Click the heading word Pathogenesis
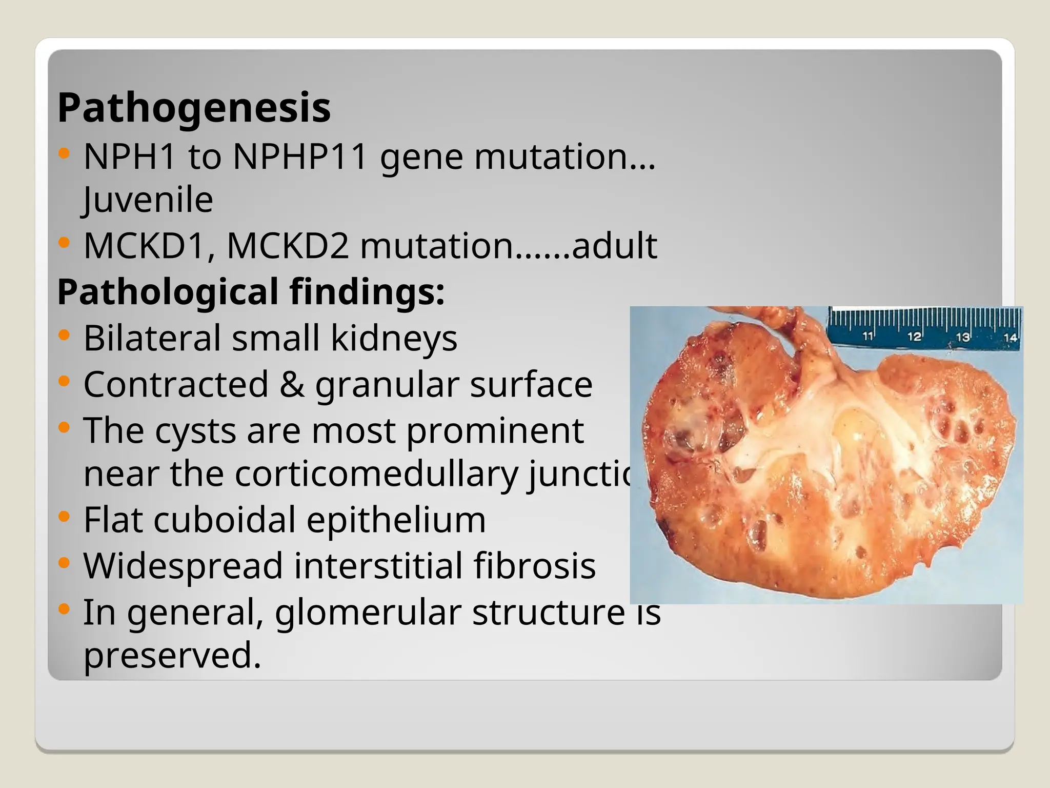194,108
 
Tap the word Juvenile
148,200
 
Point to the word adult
614,246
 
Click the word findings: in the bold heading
367,291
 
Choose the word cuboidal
225,520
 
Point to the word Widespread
183,566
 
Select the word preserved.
172,655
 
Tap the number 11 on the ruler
867,337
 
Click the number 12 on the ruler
914,337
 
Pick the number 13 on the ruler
963,337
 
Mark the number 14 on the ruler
1010,338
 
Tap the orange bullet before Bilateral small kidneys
64,336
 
